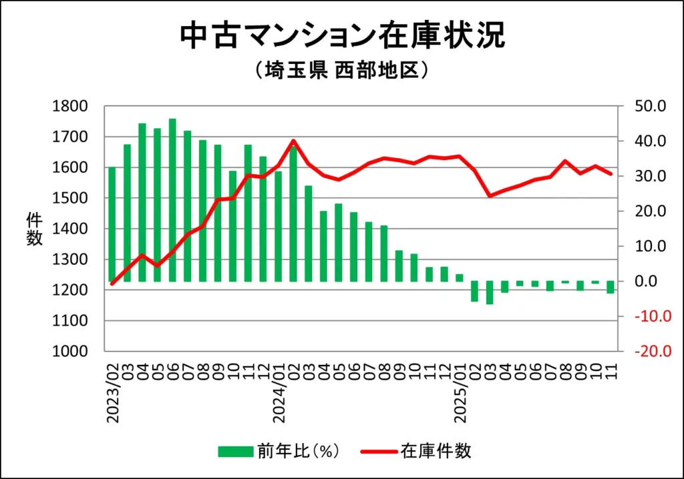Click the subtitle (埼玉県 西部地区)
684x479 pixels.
pyautogui.click(x=341, y=70)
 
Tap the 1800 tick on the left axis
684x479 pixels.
pyautogui.click(x=69, y=106)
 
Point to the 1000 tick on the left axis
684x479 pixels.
pyautogui.click(x=69, y=352)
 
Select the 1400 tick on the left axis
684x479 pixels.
pyautogui.click(x=69, y=229)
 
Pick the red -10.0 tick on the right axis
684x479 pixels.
pyautogui.click(x=648, y=316)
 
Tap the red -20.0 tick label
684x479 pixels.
pyautogui.click(x=648, y=352)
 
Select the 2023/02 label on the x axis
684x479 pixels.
pyautogui.click(x=112, y=394)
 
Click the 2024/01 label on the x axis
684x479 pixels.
pyautogui.click(x=279, y=394)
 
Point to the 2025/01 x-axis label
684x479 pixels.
pyautogui.click(x=460, y=394)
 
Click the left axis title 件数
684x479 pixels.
pyautogui.click(x=34, y=229)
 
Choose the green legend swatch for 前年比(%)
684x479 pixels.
pyautogui.click(x=235, y=451)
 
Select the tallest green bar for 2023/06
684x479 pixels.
pyautogui.click(x=172, y=200)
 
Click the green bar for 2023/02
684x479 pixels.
pyautogui.click(x=112, y=224)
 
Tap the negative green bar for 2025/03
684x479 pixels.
pyautogui.click(x=490, y=292)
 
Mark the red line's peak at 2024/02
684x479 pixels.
pyautogui.click(x=294, y=141)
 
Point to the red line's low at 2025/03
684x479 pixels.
pyautogui.click(x=490, y=196)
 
